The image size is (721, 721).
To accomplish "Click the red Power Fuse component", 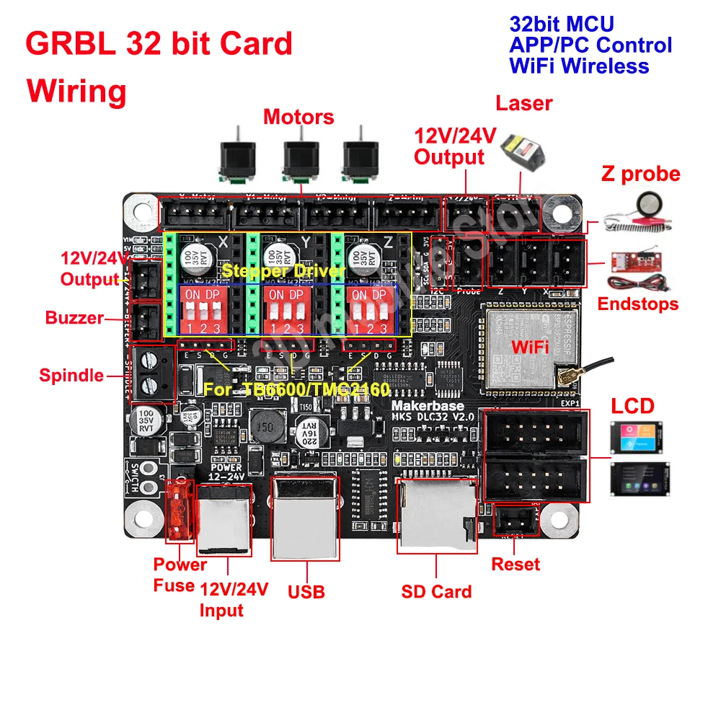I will click(179, 511).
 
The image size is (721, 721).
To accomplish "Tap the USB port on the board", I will click(304, 517).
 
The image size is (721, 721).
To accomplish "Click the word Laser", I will click(523, 103).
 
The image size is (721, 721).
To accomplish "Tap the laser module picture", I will click(524, 149).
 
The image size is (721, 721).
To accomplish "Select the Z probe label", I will click(640, 174).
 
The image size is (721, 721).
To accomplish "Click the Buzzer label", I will click(74, 318).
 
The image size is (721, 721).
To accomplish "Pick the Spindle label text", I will click(71, 375).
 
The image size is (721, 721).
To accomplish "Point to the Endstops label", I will click(638, 304).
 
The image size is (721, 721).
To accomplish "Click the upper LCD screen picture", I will click(636, 435).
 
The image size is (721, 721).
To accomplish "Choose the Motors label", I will click(298, 117).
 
